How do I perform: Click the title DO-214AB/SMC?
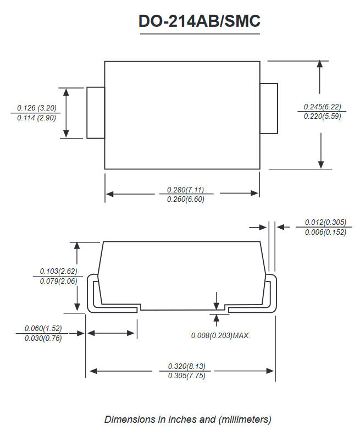[x=200, y=21]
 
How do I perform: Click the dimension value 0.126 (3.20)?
[x=37, y=108]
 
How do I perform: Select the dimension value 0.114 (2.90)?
[x=36, y=118]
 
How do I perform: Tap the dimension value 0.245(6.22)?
[x=322, y=107]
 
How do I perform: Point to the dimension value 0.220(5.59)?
[x=322, y=116]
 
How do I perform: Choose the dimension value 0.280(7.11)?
[x=185, y=190]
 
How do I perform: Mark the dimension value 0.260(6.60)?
[x=185, y=199]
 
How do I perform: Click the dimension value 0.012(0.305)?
[x=325, y=222]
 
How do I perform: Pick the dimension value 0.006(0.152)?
[x=325, y=232]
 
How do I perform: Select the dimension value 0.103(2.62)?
[x=58, y=271]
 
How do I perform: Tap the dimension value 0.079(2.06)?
[x=58, y=281]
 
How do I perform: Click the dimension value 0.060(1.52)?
[x=43, y=328]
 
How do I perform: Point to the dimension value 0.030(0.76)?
[x=43, y=338]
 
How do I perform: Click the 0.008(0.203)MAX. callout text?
[x=220, y=335]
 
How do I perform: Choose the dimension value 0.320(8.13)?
[x=186, y=366]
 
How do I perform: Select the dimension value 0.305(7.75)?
[x=186, y=376]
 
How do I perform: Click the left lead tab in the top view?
[x=96, y=113]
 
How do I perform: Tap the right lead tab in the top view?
[x=269, y=108]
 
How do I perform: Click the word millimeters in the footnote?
[x=245, y=420]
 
